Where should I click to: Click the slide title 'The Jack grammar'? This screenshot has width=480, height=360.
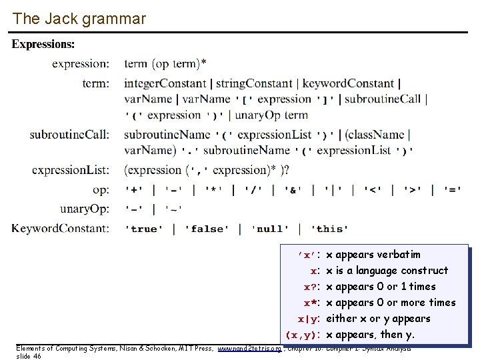[x=79, y=19]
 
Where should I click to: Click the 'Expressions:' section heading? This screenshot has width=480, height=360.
[x=43, y=44]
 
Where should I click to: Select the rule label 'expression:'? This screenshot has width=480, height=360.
[x=81, y=64]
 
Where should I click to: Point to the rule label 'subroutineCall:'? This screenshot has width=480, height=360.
[x=69, y=135]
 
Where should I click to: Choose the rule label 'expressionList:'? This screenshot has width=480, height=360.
[x=71, y=170]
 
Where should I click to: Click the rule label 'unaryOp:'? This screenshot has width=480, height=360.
[x=85, y=209]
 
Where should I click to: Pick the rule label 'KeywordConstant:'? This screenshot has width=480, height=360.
[x=61, y=229]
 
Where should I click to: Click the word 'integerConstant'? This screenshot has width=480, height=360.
[x=165, y=83]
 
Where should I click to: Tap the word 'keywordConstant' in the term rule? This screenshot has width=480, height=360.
[x=348, y=83]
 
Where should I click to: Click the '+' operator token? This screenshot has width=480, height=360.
[x=135, y=190]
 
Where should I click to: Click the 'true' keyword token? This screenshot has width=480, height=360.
[x=144, y=229]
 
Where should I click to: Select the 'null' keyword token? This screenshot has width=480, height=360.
[x=270, y=229]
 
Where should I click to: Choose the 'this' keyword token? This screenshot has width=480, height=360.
[x=329, y=229]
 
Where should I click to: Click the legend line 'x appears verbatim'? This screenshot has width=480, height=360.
[x=373, y=255]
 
